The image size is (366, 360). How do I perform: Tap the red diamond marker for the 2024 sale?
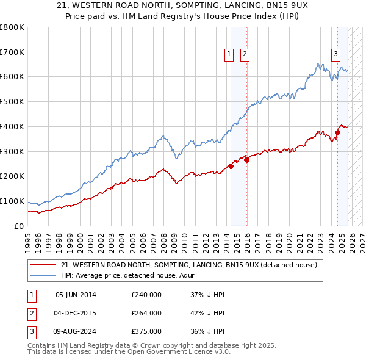(x=337, y=132)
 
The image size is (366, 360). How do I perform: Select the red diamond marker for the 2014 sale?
(x=231, y=166)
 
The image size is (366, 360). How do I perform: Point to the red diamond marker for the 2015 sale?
(x=247, y=160)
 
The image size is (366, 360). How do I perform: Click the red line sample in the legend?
(x=43, y=265)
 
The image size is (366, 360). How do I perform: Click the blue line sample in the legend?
(x=43, y=276)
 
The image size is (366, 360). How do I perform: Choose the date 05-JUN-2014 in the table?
(x=76, y=295)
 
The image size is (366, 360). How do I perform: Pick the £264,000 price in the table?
(x=146, y=313)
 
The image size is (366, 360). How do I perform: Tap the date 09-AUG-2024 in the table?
(x=76, y=331)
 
